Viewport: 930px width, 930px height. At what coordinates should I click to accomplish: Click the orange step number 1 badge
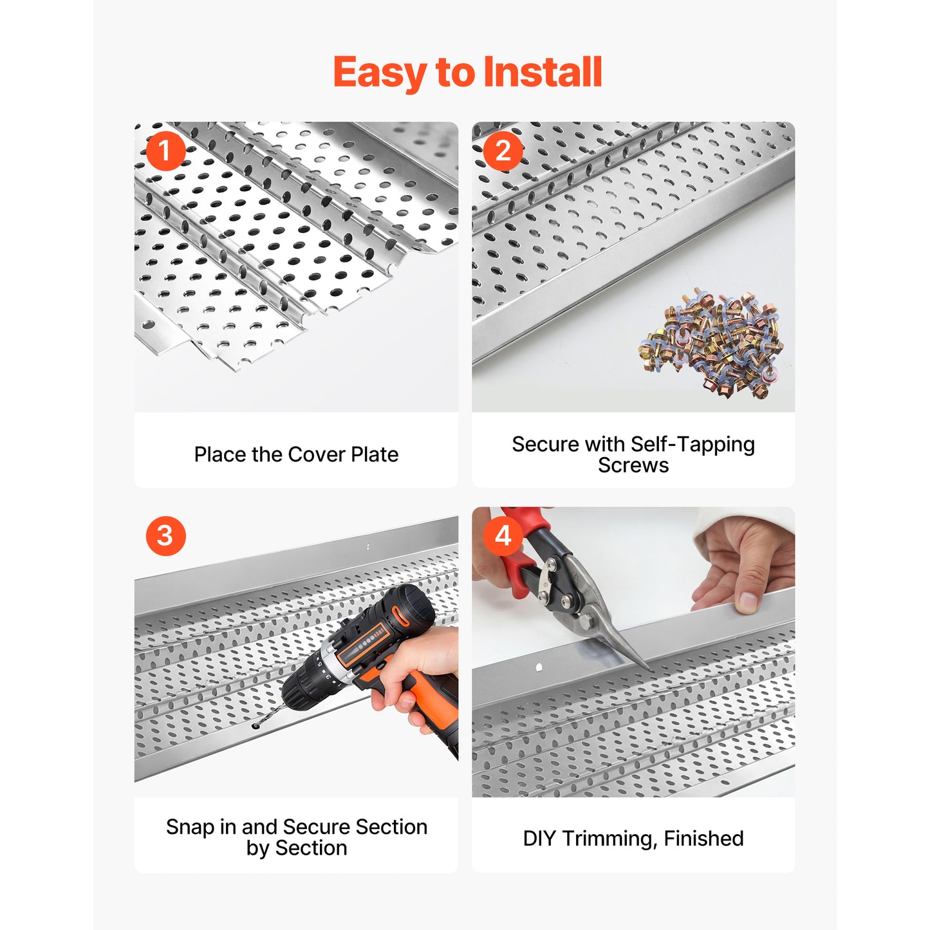click(165, 151)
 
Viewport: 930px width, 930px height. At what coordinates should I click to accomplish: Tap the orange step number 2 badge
click(503, 151)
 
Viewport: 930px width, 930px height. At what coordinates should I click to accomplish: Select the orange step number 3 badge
click(165, 535)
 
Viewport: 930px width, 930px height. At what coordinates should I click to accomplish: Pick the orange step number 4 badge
click(503, 535)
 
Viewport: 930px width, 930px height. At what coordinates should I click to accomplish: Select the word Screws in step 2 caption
click(633, 465)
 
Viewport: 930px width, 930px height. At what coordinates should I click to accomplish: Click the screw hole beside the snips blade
click(539, 667)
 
